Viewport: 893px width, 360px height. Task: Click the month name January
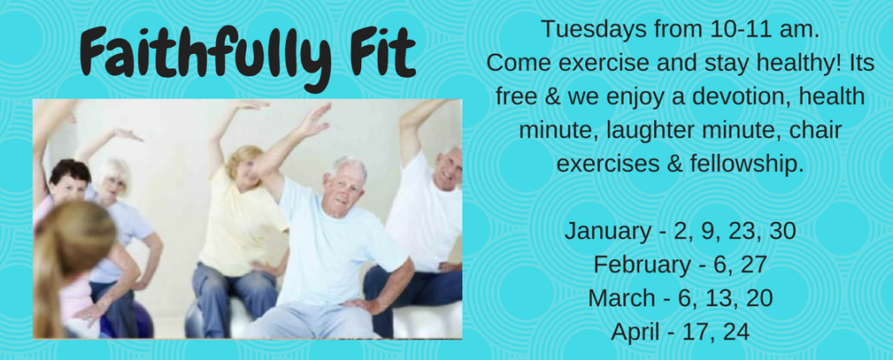click(607, 232)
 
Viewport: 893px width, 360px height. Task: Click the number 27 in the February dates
click(753, 265)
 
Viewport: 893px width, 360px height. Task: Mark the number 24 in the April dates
click(734, 332)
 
